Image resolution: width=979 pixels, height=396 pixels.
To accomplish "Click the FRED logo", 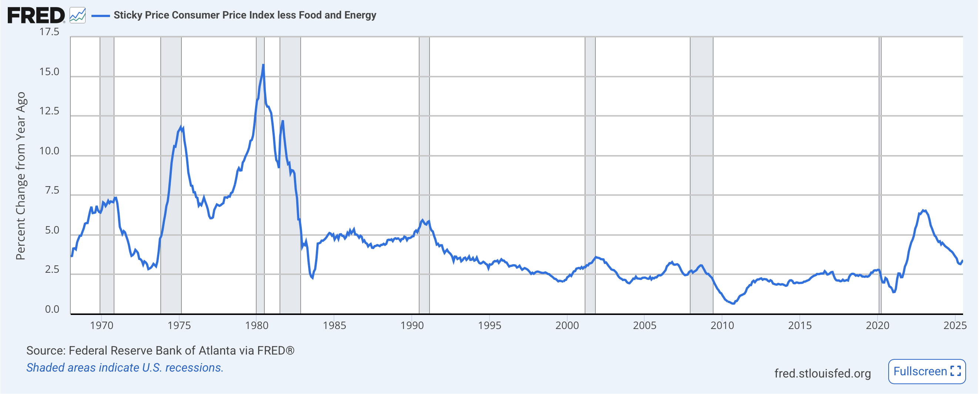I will (36, 16).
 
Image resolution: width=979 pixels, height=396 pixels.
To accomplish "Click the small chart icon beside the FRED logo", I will (77, 16).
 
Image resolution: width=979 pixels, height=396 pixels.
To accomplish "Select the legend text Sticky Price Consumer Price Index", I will (244, 15).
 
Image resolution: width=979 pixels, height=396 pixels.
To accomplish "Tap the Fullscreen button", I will (926, 371).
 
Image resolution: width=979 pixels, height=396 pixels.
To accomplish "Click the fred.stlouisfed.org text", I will (822, 373).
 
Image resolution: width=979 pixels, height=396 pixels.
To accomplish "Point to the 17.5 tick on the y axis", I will (49, 32).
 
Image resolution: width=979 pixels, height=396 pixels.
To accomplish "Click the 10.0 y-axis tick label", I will (49, 151).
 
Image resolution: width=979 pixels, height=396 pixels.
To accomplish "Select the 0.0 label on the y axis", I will (52, 309).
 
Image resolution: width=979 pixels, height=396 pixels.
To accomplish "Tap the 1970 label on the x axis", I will (101, 325).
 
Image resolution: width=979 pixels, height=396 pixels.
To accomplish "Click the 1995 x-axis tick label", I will (489, 325).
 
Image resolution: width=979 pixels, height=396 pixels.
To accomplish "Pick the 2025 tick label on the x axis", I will (955, 325).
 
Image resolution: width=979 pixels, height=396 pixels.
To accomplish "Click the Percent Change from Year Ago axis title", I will (20, 175).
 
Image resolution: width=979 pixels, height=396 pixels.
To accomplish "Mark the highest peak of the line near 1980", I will (263, 66).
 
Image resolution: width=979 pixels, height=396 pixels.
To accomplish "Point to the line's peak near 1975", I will (181, 127).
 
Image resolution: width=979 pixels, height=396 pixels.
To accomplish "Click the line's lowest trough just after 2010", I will (733, 303).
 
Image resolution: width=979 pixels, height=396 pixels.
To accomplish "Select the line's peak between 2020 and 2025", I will (923, 210).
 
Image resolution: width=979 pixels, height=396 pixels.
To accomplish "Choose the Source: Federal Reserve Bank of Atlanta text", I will (160, 350).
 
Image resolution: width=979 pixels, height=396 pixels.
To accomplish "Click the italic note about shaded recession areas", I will (125, 368).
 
